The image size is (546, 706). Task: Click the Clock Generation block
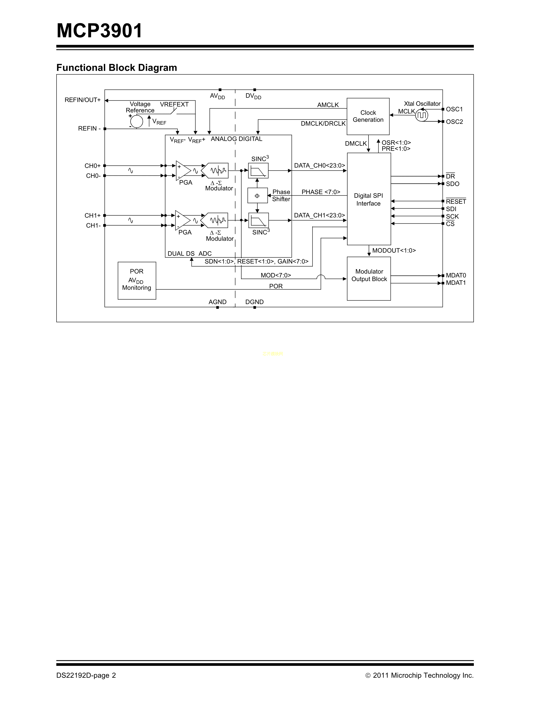point(368,116)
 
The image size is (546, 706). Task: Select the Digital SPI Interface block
point(369,199)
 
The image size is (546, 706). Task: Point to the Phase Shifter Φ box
point(257,196)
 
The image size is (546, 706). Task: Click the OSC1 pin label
point(454,109)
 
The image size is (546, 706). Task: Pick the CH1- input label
point(93,225)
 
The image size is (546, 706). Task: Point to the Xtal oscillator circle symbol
point(421,115)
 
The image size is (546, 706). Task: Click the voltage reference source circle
point(137,122)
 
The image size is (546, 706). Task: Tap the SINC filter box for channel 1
point(258,220)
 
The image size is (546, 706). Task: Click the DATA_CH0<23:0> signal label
point(319,166)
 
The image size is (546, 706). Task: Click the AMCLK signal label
point(328,105)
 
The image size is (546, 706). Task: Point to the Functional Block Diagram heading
point(116,68)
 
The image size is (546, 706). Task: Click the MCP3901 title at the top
point(99,31)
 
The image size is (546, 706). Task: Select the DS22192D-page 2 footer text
point(86,675)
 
